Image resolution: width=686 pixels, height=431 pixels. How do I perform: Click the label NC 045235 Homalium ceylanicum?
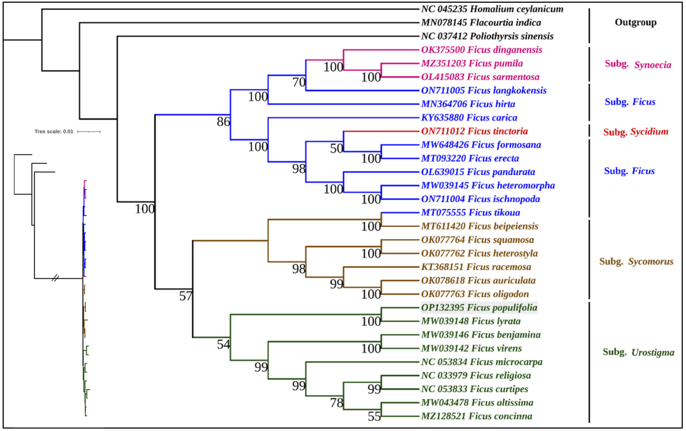pos(492,9)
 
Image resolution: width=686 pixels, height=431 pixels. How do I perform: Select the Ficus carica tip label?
pos(469,118)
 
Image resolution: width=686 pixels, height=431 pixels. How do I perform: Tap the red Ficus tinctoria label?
pos(474,131)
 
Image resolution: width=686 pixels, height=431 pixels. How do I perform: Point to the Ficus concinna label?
pos(477,416)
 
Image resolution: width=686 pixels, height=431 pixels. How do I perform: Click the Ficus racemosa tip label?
pos(476,267)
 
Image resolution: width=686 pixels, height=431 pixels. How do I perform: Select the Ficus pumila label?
pos(472,63)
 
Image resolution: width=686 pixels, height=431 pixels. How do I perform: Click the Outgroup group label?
pos(635,22)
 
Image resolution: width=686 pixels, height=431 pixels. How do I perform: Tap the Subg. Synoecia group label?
pos(638,64)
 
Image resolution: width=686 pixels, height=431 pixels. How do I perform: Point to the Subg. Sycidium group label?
pos(635,132)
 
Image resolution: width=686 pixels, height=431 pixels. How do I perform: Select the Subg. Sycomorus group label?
pos(636,261)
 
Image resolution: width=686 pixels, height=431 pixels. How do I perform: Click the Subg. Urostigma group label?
pos(638,352)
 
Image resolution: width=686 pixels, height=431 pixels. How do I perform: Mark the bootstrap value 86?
pos(223,122)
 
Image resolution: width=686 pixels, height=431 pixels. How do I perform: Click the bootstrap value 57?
pos(186,296)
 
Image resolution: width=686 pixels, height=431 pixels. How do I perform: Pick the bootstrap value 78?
pos(336,403)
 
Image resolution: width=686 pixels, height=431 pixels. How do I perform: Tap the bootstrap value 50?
pos(336,149)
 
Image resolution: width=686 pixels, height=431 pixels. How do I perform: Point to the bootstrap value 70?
pos(299,83)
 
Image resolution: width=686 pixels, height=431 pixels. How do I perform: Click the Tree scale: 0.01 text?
pos(54,132)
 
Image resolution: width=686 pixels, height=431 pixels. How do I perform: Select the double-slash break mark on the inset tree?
pos(55,278)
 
